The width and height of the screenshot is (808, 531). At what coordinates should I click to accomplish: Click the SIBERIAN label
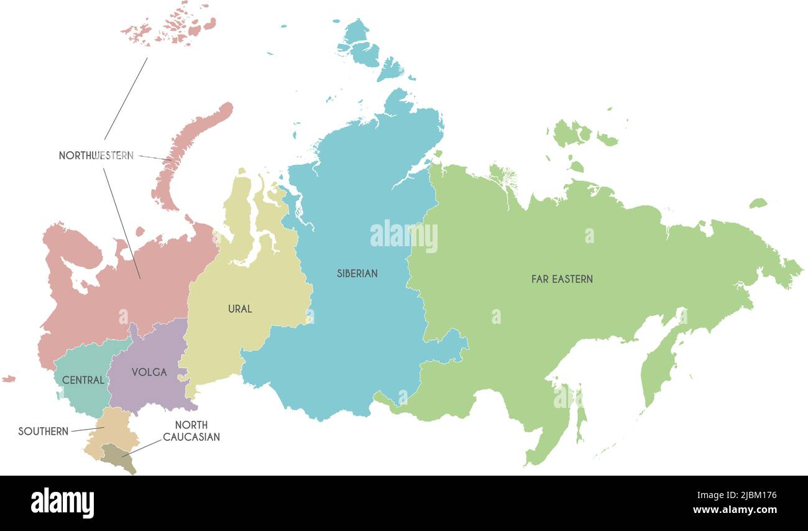click(357, 273)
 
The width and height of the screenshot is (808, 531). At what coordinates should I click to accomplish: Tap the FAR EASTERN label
click(562, 279)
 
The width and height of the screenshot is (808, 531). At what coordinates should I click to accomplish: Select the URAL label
click(240, 308)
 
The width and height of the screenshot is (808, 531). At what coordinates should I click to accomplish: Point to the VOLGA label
click(149, 372)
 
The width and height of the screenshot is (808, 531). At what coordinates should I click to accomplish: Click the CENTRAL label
click(83, 380)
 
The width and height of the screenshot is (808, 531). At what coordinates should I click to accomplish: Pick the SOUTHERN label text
click(43, 431)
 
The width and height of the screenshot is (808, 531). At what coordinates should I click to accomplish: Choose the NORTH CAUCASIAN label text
click(191, 431)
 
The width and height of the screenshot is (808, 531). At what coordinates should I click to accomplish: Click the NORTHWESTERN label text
click(96, 155)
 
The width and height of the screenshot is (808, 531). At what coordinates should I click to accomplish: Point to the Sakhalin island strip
click(581, 413)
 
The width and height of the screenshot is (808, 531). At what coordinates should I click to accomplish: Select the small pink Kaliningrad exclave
click(8, 378)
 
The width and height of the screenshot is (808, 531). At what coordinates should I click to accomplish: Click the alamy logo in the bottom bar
click(62, 503)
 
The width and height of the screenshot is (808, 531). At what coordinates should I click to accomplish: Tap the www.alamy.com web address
click(735, 510)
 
